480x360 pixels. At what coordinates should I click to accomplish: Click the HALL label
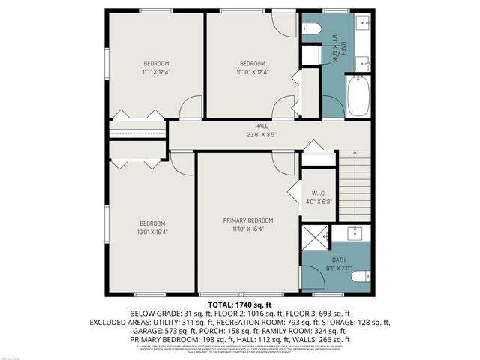pos(261,127)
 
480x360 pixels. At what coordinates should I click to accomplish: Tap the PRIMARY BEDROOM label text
pos(248,220)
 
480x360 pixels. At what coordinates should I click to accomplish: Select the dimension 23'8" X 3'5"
pos(261,135)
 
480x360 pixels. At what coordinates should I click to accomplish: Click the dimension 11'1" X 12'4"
pos(157,72)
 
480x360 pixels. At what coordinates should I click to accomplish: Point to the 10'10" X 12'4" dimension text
pos(253,72)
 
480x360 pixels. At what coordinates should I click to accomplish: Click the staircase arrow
pos(355,184)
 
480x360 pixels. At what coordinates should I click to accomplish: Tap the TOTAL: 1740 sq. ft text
pos(241,304)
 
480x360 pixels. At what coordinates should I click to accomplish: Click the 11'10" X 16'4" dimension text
pos(248,229)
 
